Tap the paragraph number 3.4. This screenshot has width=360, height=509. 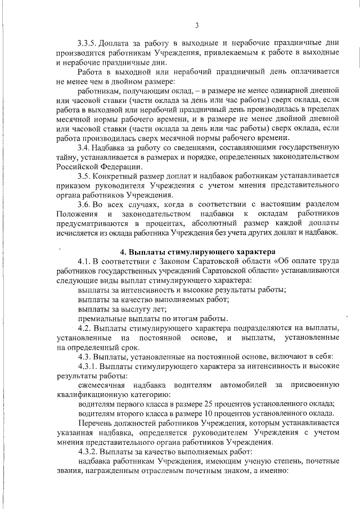pyautogui.click(x=85, y=147)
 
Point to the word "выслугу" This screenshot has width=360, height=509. pyautogui.click(x=133, y=308)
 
